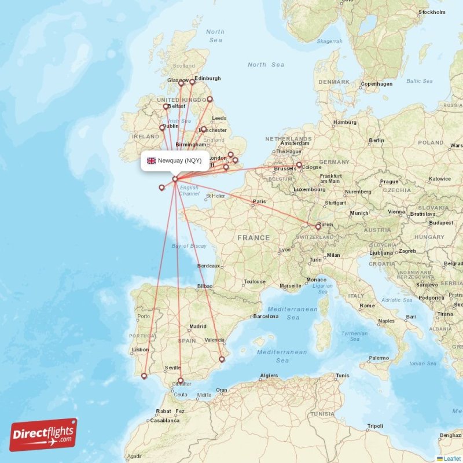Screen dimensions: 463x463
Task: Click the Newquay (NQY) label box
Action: tap(175, 160)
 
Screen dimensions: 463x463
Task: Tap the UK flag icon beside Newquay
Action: tap(151, 160)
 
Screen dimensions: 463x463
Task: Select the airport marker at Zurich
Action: tap(318, 227)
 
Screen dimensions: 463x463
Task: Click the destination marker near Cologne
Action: tap(299, 165)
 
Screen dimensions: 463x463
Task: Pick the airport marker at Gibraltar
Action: tap(181, 381)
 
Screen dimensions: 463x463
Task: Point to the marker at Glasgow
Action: tap(181, 83)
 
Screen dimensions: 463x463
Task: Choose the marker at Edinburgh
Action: tap(192, 82)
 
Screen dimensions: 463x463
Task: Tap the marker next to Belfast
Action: tap(166, 106)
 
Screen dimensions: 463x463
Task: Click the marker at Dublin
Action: tap(162, 128)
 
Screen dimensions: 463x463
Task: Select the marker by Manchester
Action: tap(203, 129)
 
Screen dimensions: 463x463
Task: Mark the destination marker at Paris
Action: tap(253, 203)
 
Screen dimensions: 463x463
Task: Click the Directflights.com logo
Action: tap(43, 435)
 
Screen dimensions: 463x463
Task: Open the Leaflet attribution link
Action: tap(452, 458)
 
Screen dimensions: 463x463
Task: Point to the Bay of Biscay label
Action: tap(189, 246)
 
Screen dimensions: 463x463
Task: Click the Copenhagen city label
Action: tap(376, 84)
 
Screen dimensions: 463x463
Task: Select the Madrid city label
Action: tap(198, 326)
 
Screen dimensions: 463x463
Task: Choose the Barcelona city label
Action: tap(266, 317)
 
